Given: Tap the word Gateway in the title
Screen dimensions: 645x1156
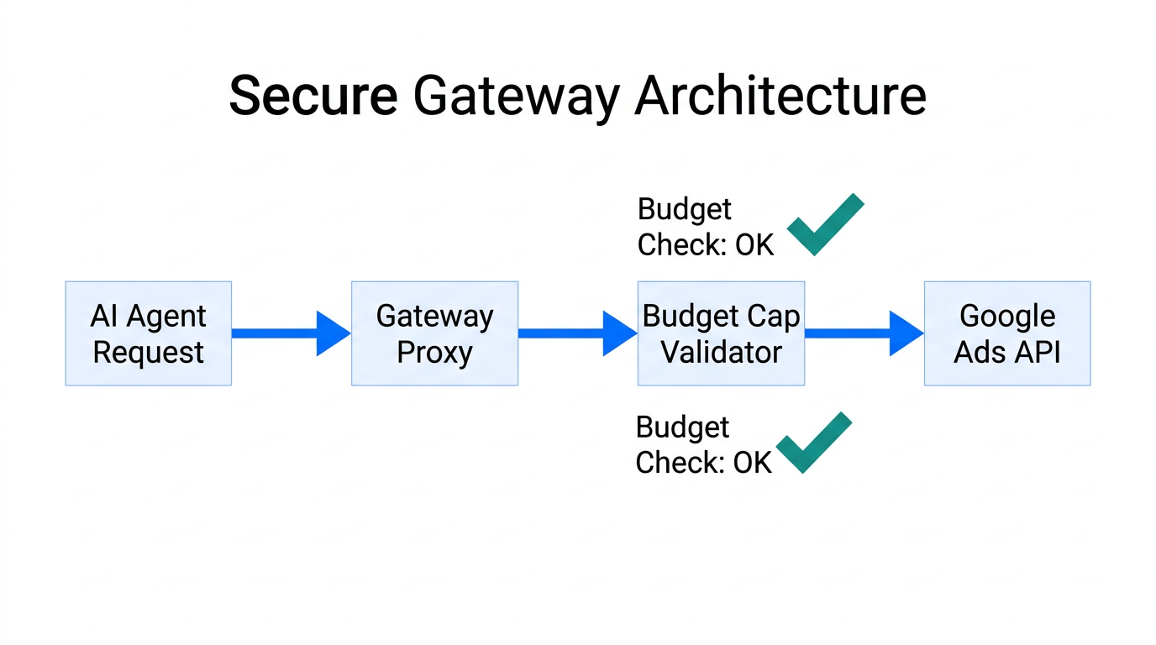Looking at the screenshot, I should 516,97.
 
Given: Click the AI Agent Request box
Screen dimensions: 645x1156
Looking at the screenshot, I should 148,333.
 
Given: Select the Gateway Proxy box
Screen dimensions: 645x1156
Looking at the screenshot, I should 434,333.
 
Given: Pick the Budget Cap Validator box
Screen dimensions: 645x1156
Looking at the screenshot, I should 721,333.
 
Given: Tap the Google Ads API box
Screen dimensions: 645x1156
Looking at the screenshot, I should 1007,333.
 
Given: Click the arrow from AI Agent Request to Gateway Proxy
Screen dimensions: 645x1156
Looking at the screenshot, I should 291,333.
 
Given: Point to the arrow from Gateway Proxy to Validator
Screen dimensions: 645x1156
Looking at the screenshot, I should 577,333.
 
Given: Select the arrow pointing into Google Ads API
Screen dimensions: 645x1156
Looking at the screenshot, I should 864,333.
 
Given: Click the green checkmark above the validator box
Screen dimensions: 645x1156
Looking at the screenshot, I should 824,224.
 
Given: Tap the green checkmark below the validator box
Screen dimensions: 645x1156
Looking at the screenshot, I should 813,443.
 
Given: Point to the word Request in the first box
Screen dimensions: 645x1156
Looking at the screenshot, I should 148,352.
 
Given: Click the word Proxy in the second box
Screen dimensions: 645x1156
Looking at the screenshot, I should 434,352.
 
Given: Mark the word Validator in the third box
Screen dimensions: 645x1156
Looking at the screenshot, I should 721,352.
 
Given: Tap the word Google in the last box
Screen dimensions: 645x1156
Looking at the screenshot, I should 1007,316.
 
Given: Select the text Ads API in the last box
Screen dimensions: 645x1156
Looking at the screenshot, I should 1007,352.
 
